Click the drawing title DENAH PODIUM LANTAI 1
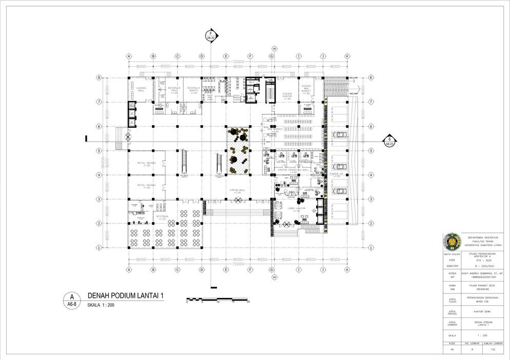(126, 295)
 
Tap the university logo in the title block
(453, 242)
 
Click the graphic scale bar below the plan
(218, 299)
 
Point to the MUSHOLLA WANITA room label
(193, 90)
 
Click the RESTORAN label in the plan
(162, 217)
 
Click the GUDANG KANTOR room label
(287, 95)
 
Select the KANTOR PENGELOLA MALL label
(293, 169)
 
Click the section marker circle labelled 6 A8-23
(390, 139)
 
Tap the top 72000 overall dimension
(238, 62)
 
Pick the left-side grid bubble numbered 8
(99, 77)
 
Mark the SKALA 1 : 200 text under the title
(101, 305)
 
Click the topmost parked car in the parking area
(339, 135)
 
